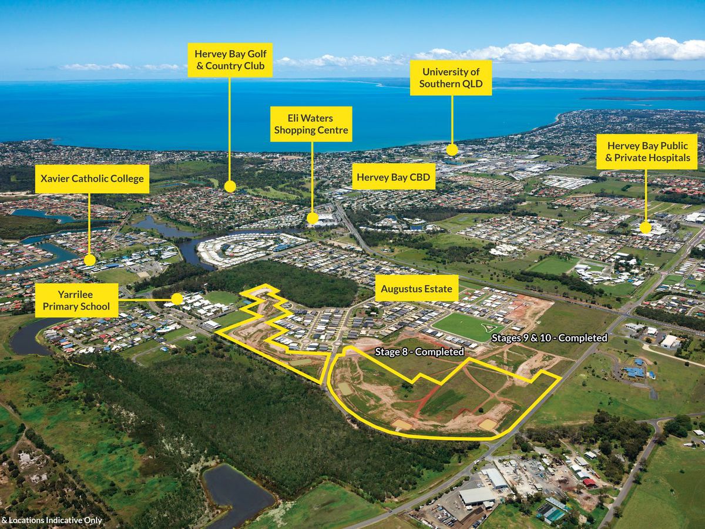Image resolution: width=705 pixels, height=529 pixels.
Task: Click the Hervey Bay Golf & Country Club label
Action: [230, 59]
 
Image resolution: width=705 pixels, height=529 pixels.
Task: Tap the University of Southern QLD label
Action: [451, 78]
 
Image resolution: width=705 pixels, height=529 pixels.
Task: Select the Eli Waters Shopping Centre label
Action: [311, 124]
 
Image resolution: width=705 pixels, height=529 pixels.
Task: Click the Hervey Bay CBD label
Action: [394, 176]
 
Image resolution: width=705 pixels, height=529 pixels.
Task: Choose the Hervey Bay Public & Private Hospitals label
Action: [646, 152]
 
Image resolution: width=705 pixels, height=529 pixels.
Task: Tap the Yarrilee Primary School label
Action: [76, 300]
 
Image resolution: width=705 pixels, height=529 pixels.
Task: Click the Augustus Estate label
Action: [417, 289]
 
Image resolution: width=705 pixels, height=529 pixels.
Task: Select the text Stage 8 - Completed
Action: [419, 351]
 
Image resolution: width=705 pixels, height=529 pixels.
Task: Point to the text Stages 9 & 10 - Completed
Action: [549, 338]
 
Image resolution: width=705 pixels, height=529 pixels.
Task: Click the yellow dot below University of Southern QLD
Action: [452, 149]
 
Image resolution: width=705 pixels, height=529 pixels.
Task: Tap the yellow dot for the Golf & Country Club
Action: [230, 186]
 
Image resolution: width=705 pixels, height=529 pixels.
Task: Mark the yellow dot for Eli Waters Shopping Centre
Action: [313, 218]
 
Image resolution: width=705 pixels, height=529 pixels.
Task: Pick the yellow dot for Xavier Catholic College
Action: [90, 260]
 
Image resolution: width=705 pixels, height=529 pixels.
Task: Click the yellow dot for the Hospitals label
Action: [646, 227]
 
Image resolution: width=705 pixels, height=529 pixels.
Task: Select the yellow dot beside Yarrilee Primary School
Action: [177, 299]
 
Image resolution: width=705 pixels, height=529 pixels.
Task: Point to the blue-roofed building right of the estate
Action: [634, 371]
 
